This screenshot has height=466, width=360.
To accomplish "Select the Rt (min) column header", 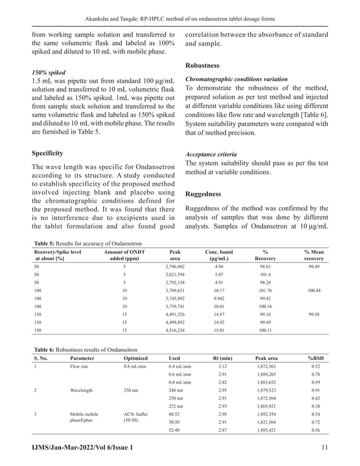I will (223, 358).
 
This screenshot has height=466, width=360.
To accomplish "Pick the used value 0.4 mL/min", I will (180, 367).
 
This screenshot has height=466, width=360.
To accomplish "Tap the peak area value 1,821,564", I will (269, 421).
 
